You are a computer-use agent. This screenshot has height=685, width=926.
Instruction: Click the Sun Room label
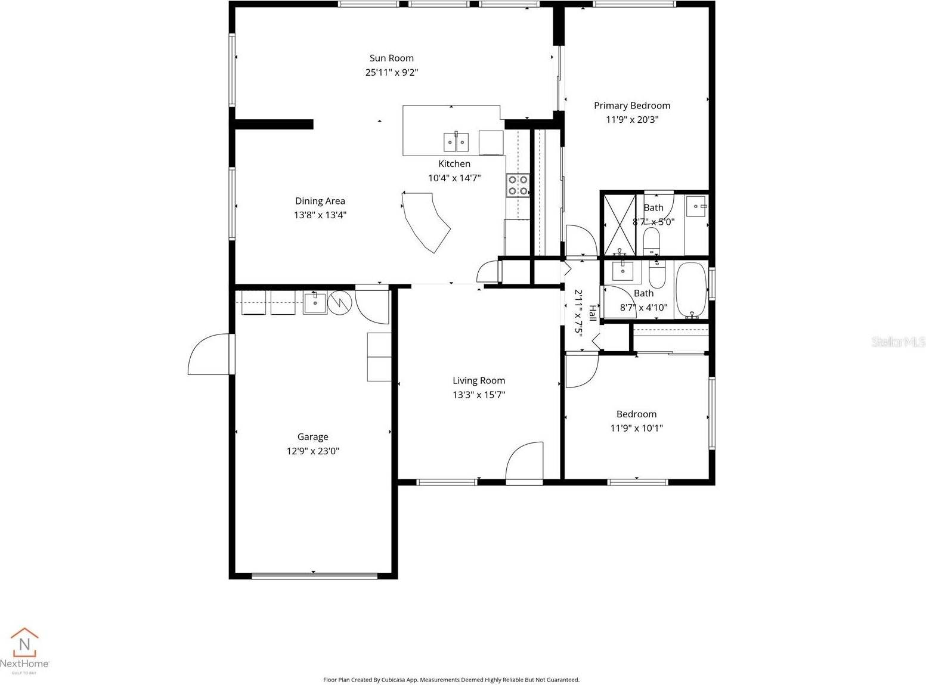coord(391,58)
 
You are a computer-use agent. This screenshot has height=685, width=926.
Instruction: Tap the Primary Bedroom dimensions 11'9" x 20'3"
coord(632,119)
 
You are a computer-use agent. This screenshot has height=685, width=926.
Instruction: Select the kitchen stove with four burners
coord(518,185)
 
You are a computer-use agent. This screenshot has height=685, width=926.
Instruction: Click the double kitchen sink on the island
coord(456,142)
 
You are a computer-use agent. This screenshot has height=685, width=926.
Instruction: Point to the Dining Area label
coord(320,201)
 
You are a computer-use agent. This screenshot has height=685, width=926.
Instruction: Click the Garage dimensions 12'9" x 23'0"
coord(312,451)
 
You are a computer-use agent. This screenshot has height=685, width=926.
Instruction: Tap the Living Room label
coord(478,380)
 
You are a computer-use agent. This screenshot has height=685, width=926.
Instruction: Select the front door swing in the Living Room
coord(525,460)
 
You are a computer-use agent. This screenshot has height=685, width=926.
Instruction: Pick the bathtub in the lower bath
coord(691,290)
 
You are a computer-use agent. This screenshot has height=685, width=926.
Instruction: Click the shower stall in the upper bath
coord(620,225)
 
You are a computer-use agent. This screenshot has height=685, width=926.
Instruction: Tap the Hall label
coord(592,312)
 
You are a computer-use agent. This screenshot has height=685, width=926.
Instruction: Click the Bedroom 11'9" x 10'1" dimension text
coord(636,428)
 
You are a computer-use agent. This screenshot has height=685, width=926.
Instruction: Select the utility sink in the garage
coord(315,302)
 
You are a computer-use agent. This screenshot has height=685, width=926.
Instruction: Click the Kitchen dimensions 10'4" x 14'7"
coord(454,178)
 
